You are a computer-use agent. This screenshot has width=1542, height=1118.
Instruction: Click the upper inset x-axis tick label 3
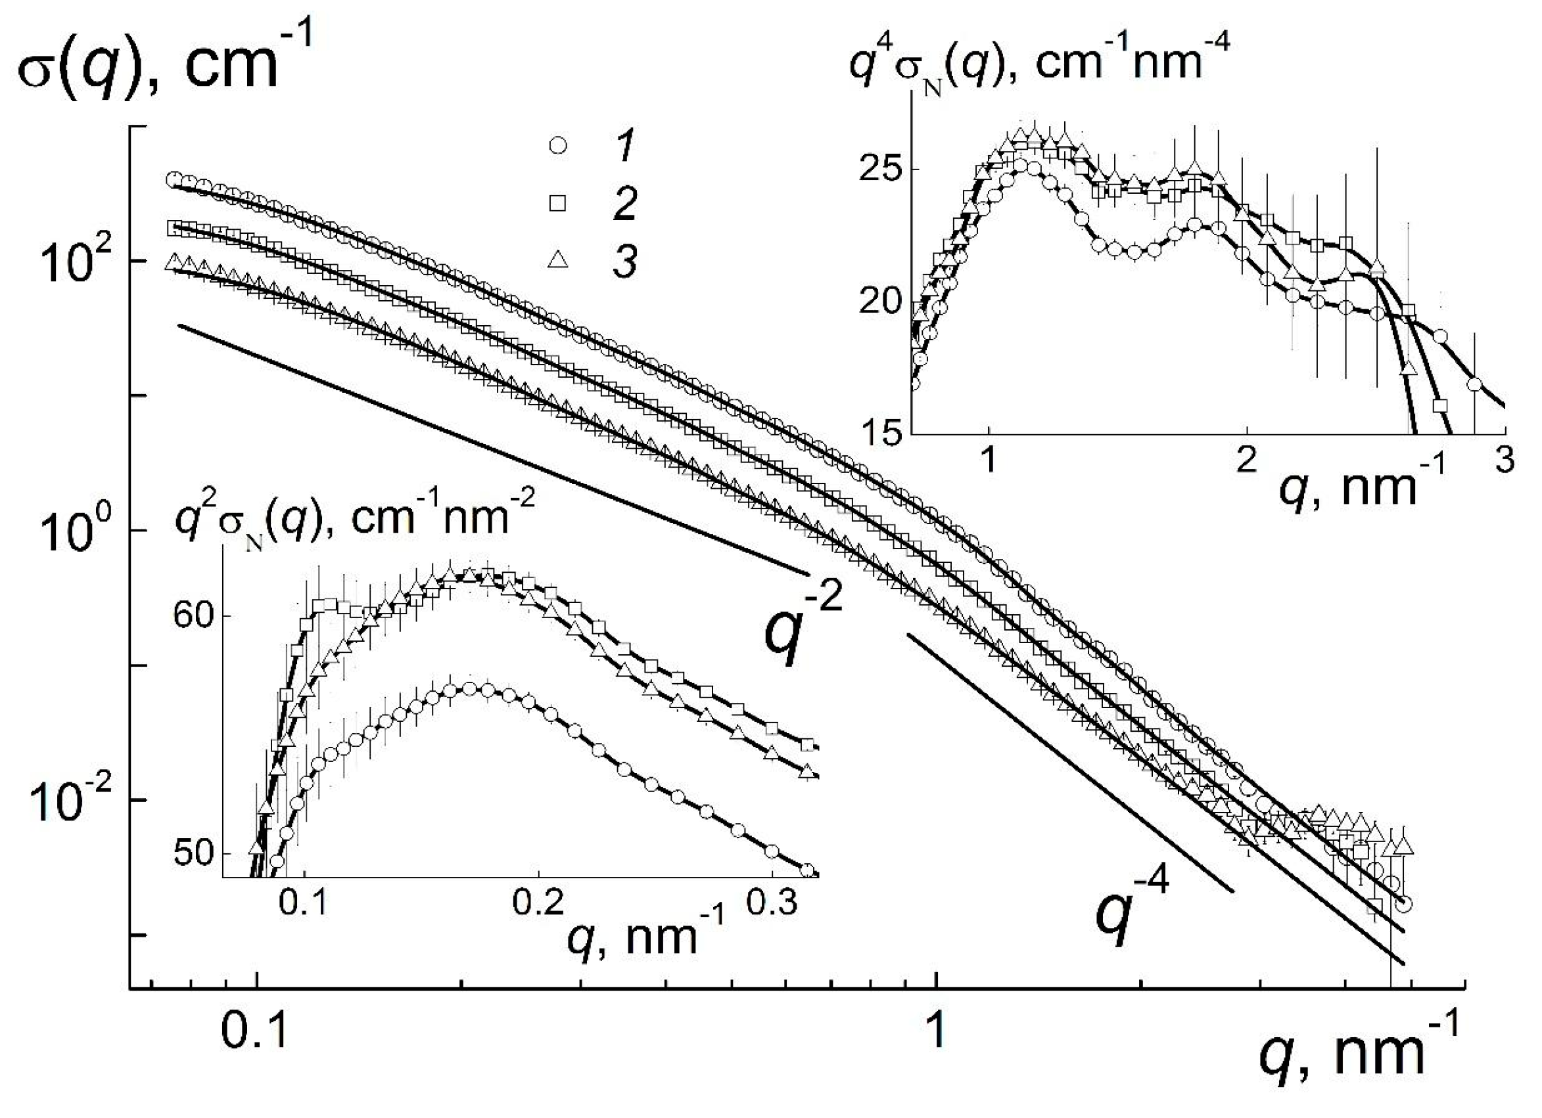[1505, 462]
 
